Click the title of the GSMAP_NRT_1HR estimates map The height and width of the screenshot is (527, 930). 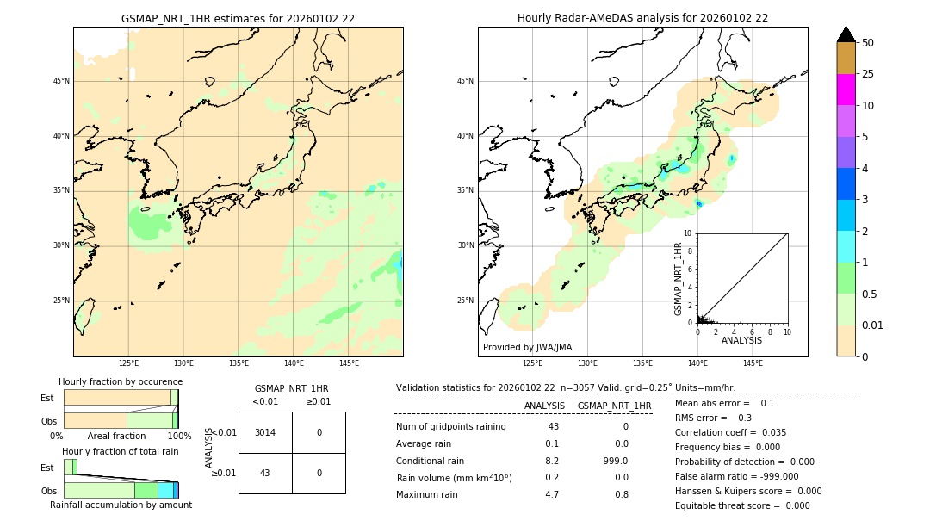tap(238, 18)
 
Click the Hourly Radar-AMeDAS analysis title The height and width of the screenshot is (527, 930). tap(642, 18)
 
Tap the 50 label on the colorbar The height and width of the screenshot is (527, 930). tap(868, 43)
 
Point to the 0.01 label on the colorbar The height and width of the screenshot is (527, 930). tap(873, 325)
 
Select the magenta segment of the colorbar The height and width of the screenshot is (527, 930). tap(846, 90)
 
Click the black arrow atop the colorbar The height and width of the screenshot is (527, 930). tap(846, 34)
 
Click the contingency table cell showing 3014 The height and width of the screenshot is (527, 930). tap(265, 432)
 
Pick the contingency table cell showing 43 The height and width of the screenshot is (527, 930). tap(265, 473)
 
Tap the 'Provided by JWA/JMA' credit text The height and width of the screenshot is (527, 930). tap(527, 347)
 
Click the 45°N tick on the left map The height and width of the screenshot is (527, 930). tap(61, 81)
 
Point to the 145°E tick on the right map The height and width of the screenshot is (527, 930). tap(753, 363)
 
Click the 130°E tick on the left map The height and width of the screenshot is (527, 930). tap(183, 363)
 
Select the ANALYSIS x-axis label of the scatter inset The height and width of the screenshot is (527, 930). tap(741, 340)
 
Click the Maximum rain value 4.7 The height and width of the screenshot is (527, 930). tap(551, 494)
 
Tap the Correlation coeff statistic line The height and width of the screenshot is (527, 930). tap(731, 432)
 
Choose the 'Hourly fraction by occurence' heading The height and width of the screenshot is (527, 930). tap(121, 381)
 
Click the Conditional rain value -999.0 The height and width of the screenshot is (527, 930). tap(614, 461)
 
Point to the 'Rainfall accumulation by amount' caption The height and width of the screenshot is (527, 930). tap(121, 505)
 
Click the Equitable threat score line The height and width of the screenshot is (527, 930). tap(742, 505)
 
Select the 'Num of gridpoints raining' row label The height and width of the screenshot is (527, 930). tap(450, 426)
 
